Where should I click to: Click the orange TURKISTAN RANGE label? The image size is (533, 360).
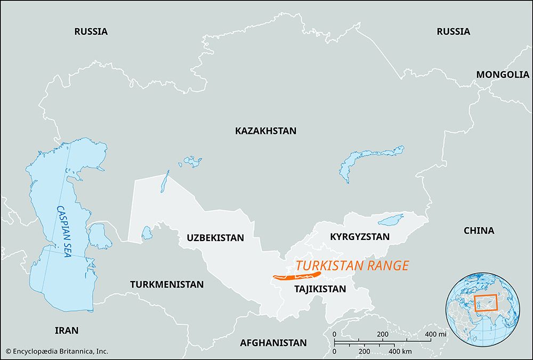352,266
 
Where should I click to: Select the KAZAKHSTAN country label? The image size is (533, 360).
265,131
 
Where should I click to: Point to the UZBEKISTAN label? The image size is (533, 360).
215,238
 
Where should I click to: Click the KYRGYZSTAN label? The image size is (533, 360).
360,236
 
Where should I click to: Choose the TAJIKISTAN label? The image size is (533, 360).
320,289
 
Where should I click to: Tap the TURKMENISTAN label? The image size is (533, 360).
167,284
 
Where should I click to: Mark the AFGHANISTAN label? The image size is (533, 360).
273,343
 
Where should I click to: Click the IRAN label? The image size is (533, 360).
67,331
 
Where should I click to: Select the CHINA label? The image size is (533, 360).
479,231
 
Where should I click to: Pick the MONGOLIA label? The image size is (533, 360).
503,75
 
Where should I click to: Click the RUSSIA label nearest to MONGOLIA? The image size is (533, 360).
453,31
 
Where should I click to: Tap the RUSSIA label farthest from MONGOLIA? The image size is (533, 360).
91,31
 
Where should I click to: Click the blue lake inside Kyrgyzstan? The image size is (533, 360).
391,220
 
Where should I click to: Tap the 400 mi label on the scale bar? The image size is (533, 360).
434,334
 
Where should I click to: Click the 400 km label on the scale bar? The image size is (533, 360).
399,352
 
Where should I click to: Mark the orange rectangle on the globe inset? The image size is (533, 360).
486,303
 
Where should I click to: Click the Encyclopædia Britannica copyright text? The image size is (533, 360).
57,351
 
